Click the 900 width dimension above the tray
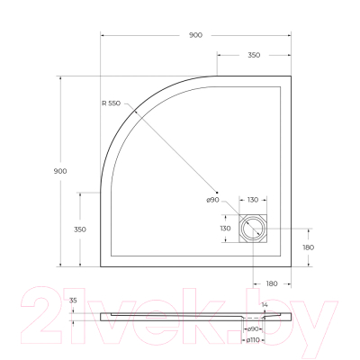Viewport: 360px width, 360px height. point(195,34)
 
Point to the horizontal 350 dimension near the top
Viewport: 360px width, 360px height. point(253,55)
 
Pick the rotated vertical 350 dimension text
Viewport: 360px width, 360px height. point(79,229)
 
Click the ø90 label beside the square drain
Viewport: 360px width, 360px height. point(213,200)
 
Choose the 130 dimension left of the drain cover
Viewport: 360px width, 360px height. point(225,229)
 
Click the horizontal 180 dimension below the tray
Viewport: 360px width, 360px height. point(272,284)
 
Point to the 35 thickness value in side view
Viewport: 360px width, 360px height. point(73,300)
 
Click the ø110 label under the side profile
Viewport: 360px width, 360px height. point(255,339)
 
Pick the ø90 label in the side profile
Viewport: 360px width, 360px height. point(255,328)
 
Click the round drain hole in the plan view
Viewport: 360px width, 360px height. point(253,229)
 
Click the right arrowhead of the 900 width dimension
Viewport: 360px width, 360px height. point(290,35)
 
